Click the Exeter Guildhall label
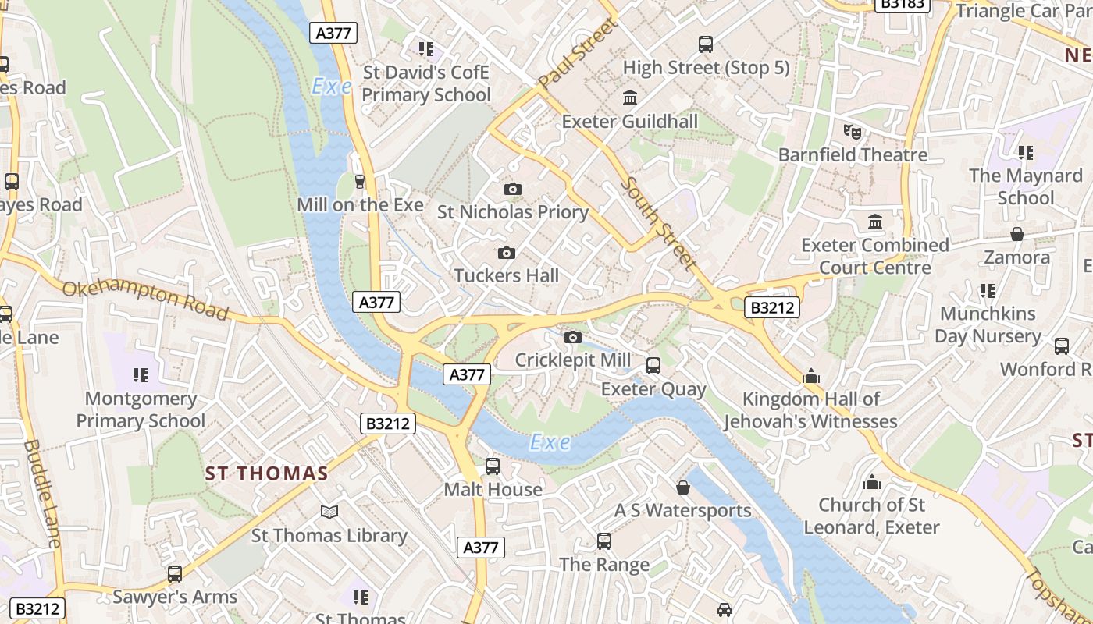(x=630, y=122)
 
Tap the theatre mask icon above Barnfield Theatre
(x=853, y=132)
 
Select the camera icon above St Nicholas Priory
(x=512, y=189)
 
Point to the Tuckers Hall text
(x=506, y=275)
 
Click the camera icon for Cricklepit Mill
(x=573, y=337)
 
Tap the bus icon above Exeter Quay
(x=653, y=365)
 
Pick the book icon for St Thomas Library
(x=329, y=512)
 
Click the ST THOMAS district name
(x=266, y=473)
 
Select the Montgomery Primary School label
(x=141, y=409)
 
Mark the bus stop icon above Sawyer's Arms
(x=175, y=574)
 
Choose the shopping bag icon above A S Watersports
(x=683, y=487)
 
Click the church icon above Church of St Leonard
(x=872, y=482)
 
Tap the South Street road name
(x=659, y=224)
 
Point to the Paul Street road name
(x=579, y=54)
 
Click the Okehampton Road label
(x=145, y=300)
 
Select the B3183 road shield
(x=903, y=4)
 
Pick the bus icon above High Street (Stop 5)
(x=706, y=44)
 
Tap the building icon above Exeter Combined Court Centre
(x=874, y=222)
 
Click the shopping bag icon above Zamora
(x=1016, y=234)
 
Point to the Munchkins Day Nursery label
(x=988, y=324)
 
